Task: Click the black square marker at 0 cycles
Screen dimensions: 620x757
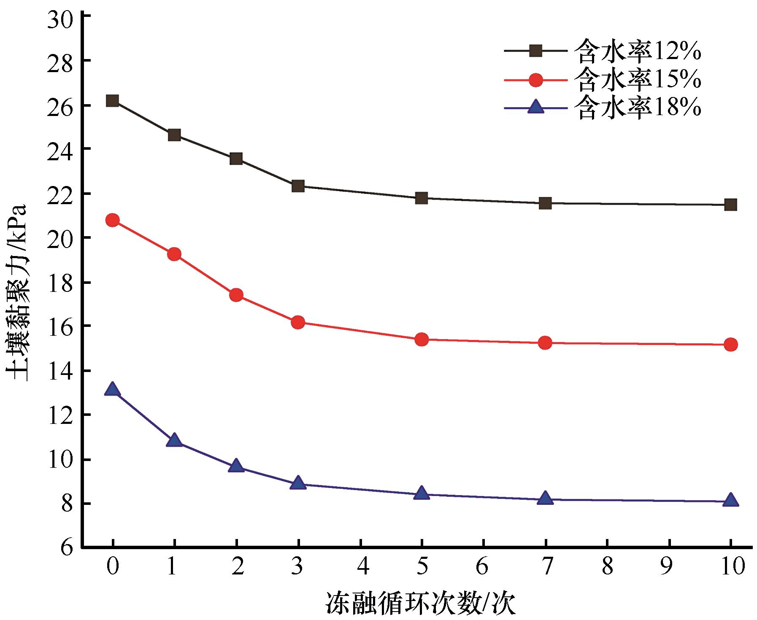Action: pos(112,100)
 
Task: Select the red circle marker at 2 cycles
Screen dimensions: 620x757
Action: pos(236,294)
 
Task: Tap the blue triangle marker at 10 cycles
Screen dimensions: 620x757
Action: pos(730,501)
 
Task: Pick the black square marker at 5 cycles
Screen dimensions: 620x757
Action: pos(421,198)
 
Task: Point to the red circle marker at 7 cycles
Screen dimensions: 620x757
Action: pos(545,343)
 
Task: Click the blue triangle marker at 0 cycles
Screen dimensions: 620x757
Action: pos(112,389)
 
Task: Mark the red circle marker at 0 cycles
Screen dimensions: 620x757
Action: pos(112,220)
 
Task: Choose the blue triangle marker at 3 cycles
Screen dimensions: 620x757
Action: pos(298,483)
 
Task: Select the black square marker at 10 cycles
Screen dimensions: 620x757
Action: pos(730,205)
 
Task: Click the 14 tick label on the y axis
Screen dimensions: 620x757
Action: pos(60,370)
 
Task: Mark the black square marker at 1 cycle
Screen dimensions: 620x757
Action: pos(174,135)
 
